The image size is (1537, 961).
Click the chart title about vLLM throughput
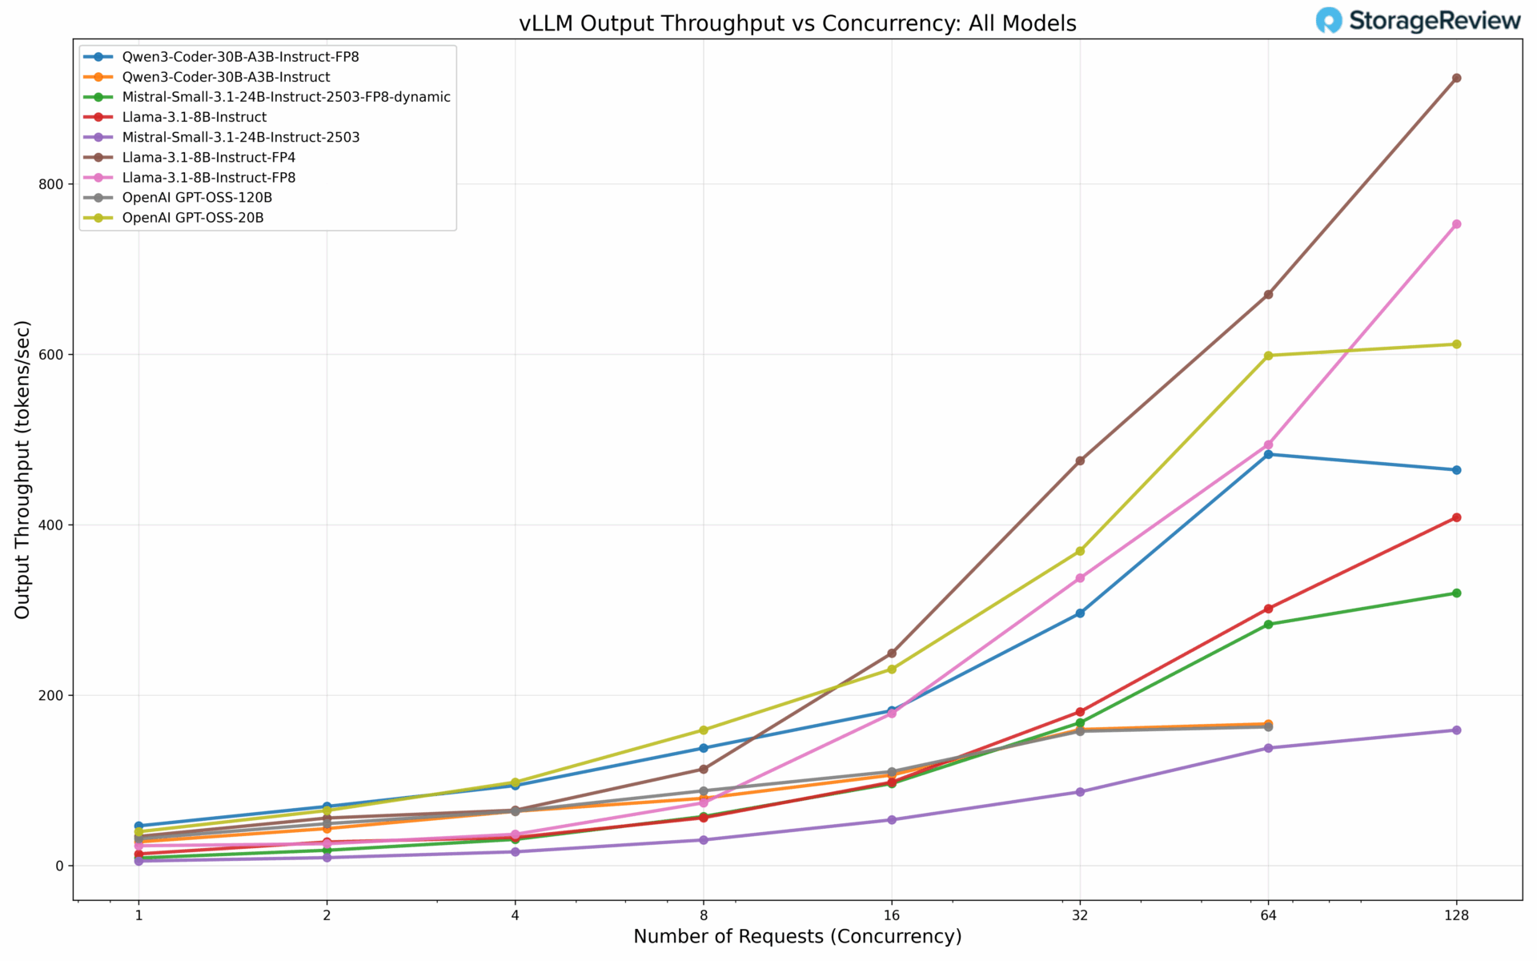[797, 23]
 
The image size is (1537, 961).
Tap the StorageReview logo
[1418, 21]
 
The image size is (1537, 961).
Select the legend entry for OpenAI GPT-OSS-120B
[197, 198]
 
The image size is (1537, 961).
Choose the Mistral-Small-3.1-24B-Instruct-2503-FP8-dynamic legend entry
[286, 97]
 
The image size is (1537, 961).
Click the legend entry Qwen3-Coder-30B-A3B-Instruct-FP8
[240, 57]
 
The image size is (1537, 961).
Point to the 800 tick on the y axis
[52, 184]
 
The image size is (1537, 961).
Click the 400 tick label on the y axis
[52, 525]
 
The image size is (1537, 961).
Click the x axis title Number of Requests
[797, 936]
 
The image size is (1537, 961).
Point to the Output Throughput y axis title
[22, 469]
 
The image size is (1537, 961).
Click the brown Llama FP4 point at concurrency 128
[1456, 78]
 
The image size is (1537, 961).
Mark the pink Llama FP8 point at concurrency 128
[1456, 224]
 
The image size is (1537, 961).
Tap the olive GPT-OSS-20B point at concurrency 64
[1268, 356]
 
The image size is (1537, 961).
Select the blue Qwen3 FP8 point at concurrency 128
[1456, 470]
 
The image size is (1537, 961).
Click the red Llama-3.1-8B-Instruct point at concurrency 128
[1456, 517]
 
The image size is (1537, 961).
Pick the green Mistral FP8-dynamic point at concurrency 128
[1456, 593]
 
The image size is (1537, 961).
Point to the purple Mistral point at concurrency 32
[1080, 792]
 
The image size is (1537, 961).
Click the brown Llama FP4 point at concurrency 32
[1080, 461]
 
